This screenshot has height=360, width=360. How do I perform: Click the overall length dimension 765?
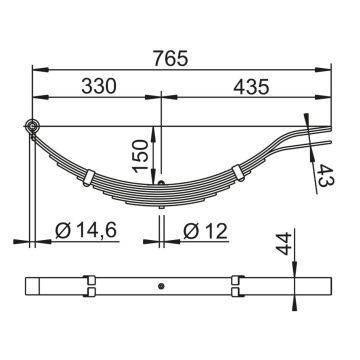[171, 59]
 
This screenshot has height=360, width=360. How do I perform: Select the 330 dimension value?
[99, 86]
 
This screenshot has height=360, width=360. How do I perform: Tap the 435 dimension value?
[251, 87]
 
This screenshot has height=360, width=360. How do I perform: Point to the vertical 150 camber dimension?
[140, 155]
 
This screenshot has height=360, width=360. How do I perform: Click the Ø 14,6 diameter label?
[86, 231]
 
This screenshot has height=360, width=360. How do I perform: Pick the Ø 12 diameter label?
[205, 231]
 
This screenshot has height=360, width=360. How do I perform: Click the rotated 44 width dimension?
[284, 244]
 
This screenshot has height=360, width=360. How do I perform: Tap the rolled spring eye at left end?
[33, 126]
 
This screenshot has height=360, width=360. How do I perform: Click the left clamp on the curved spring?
[89, 177]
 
